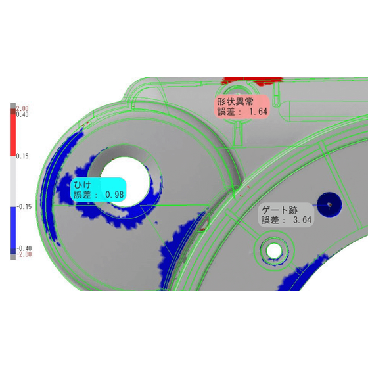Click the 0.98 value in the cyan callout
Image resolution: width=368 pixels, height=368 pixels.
click(114, 195)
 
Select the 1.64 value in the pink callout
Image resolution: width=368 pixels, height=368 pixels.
click(258, 111)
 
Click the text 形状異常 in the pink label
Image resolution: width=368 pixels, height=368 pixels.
click(235, 102)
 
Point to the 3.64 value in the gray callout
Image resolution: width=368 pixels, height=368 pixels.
click(302, 220)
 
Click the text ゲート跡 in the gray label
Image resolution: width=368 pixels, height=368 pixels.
click(279, 210)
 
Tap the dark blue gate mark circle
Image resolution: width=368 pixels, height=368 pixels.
click(329, 205)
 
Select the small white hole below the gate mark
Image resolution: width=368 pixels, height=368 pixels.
click(273, 250)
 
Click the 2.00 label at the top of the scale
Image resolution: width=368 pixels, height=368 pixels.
click(22, 108)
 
